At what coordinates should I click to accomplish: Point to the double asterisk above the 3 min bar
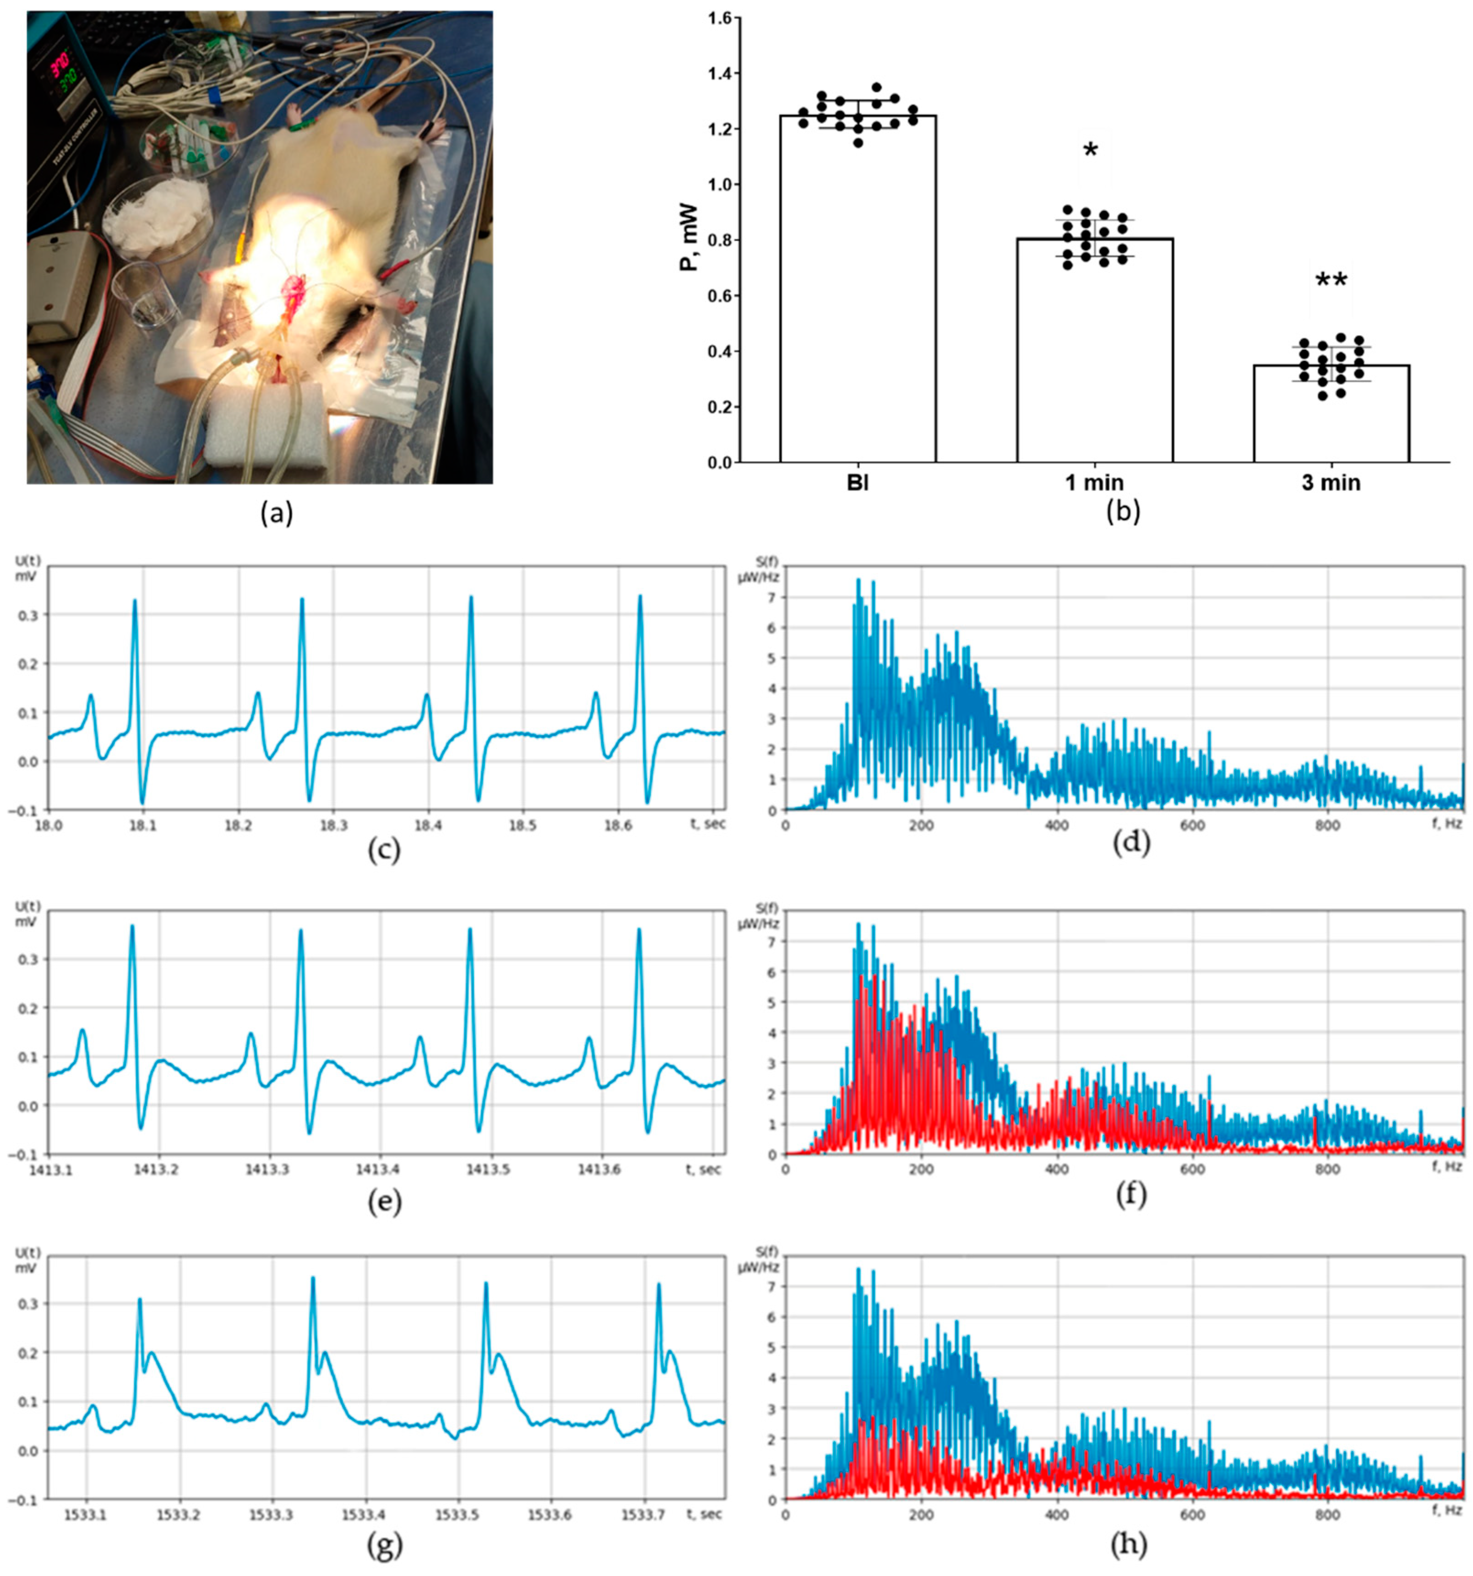coord(1331,282)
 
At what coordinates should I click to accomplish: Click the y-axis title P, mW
coord(689,238)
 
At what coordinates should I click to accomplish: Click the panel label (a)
coord(277,514)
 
